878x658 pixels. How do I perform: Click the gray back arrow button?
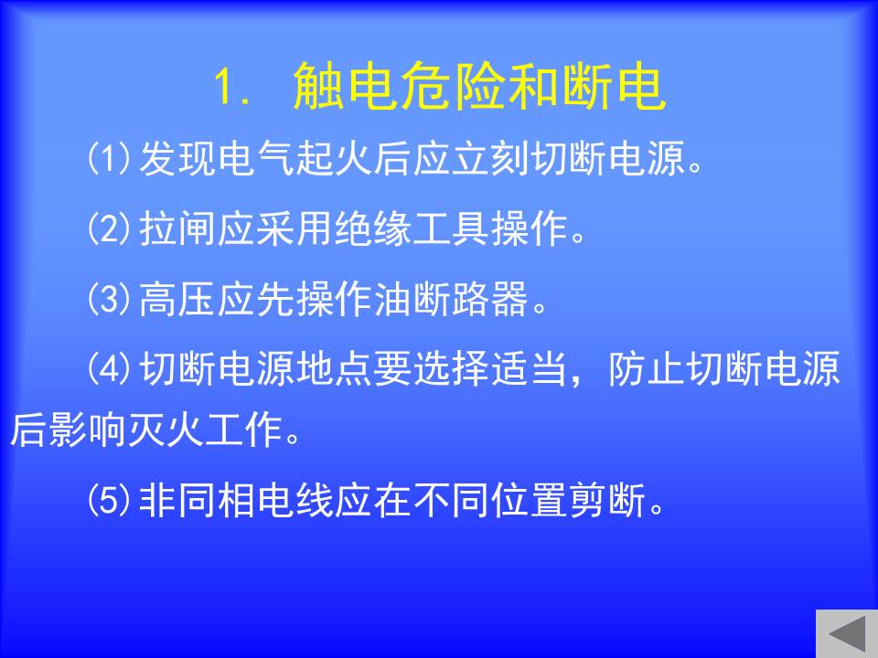pos(847,633)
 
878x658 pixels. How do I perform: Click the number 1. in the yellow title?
pos(231,88)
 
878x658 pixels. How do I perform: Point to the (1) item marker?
pos(109,158)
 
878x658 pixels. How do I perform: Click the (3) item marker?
pos(109,298)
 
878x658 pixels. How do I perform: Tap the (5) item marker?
pos(109,500)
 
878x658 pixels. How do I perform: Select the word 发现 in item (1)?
pos(177,158)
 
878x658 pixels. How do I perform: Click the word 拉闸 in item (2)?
pos(177,228)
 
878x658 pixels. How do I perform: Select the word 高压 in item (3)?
pos(177,298)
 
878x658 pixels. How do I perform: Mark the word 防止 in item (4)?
pos(648,368)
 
